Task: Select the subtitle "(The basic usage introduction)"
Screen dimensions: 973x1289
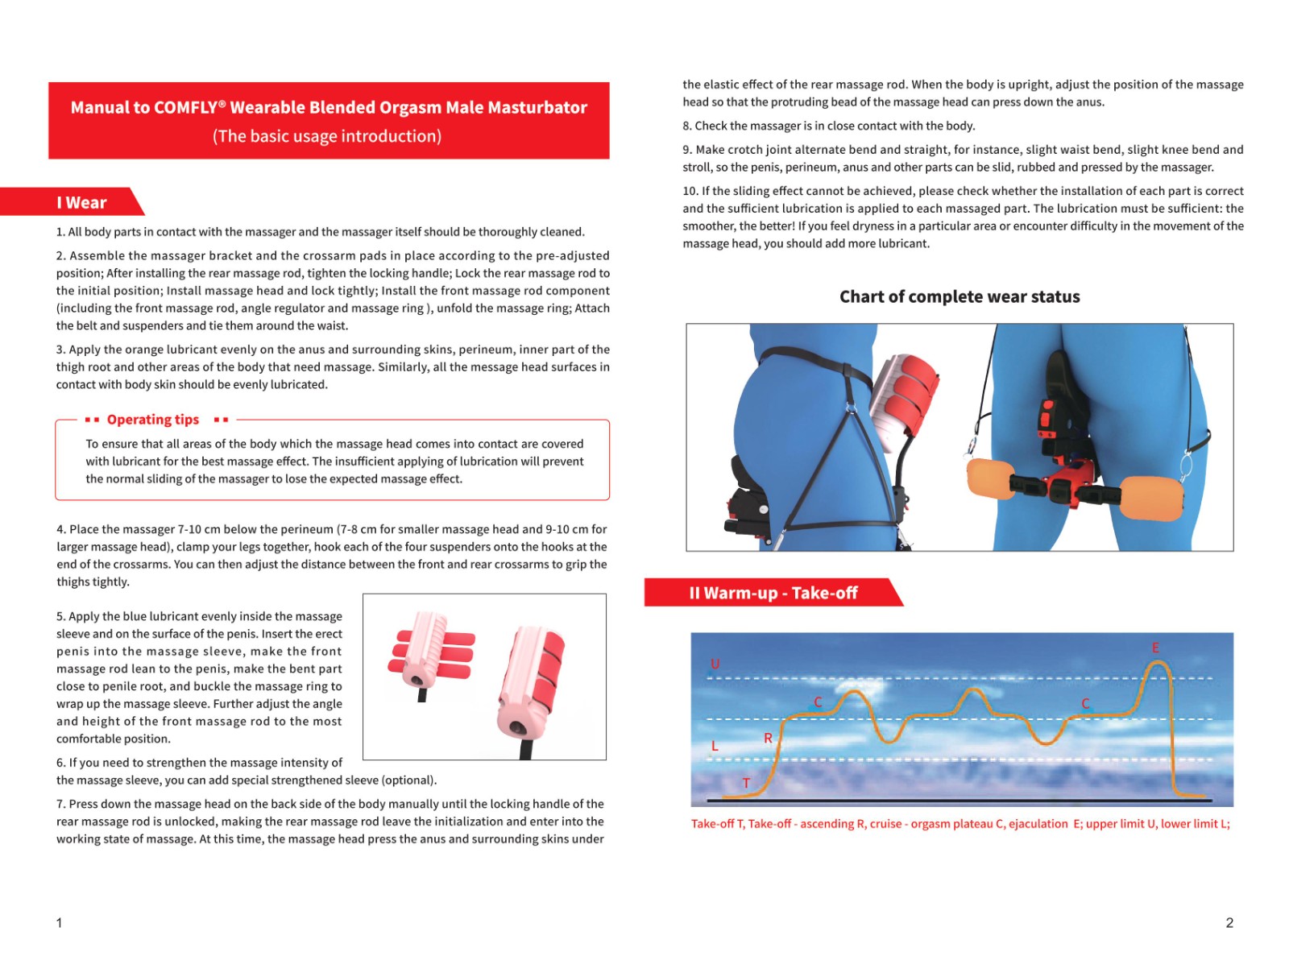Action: (327, 136)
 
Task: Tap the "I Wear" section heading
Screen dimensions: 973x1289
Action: (81, 203)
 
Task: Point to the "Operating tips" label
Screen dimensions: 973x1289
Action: (152, 420)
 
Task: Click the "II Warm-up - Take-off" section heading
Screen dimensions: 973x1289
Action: (773, 594)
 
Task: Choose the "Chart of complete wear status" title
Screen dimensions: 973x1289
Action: (959, 296)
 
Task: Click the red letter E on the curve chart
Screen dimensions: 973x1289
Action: (1155, 648)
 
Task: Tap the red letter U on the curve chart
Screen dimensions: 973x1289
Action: (715, 665)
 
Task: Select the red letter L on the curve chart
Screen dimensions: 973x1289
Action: (715, 747)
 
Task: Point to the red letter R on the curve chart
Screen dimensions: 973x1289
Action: (768, 738)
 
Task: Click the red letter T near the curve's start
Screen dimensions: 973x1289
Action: (746, 783)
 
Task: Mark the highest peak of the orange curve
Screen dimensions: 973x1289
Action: (1158, 662)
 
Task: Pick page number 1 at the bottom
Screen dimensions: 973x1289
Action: (59, 923)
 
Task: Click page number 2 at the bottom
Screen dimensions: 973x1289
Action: (1229, 923)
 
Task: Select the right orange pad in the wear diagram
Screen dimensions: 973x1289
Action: (1152, 498)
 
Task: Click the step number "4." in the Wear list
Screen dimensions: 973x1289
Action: (61, 529)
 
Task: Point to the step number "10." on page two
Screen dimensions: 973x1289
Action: (690, 191)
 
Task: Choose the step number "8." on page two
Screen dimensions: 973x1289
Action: (687, 126)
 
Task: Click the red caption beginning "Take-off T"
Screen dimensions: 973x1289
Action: (959, 824)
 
